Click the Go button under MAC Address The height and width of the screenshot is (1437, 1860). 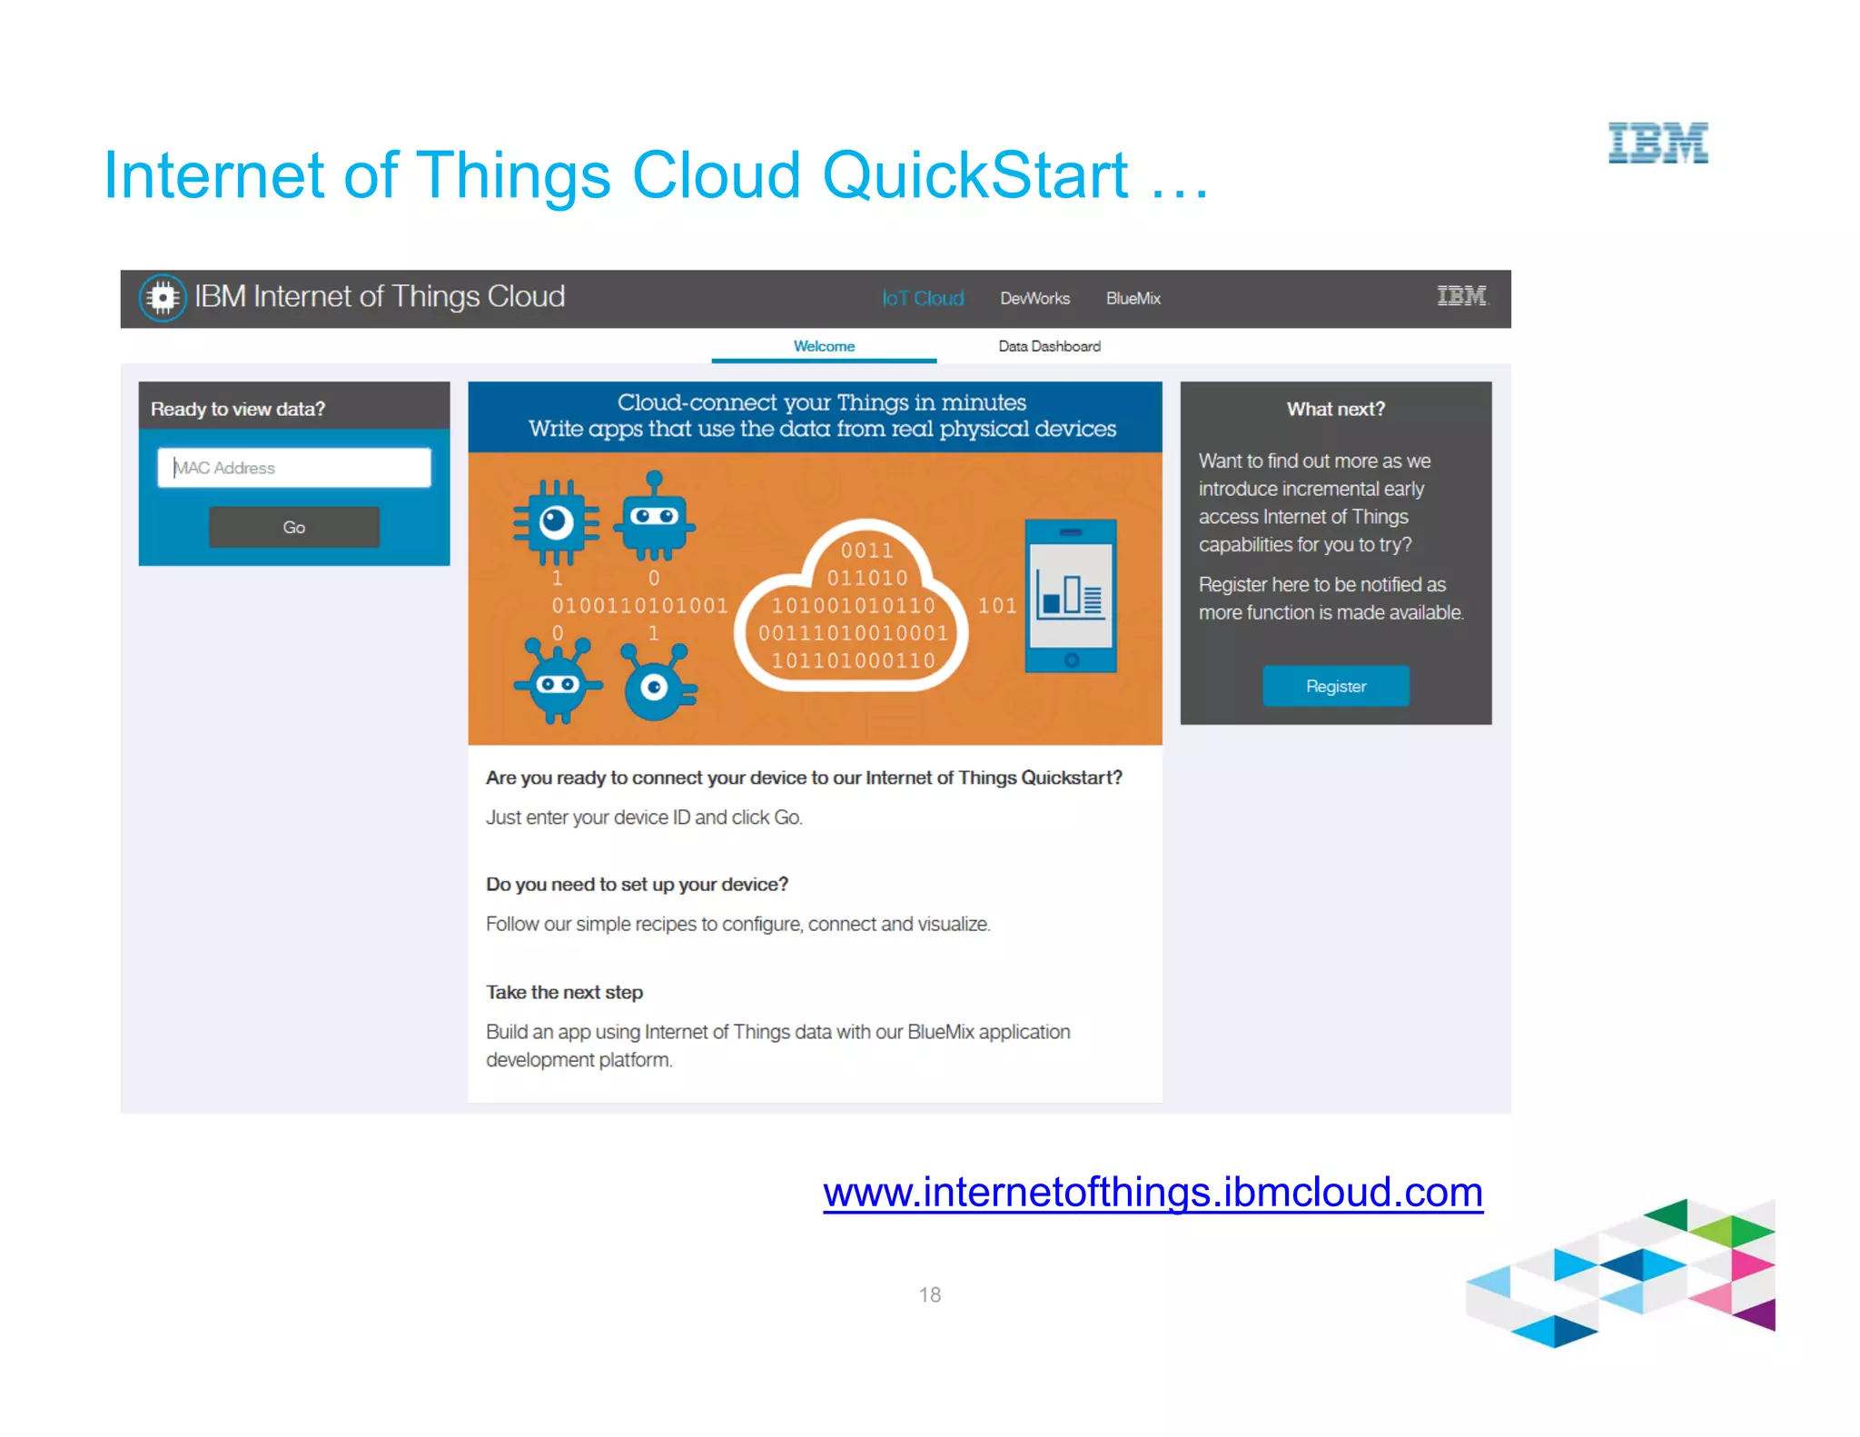click(293, 527)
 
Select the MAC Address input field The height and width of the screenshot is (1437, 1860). click(293, 468)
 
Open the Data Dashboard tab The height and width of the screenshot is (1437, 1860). click(1049, 346)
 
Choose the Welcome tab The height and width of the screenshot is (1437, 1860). click(824, 346)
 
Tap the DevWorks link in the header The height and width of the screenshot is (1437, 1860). click(1034, 298)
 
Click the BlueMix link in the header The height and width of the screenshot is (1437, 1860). click(1133, 298)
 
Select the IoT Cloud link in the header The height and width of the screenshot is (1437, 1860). click(923, 298)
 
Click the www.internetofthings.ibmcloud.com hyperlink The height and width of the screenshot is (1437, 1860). click(1153, 1192)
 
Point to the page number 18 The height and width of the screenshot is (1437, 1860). click(929, 1294)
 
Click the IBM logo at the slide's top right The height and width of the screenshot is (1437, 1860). click(1657, 144)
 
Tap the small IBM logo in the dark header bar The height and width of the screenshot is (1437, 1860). click(1461, 296)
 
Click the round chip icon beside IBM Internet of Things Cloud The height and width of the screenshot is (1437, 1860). click(163, 297)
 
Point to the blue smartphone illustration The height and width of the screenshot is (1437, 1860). click(1071, 595)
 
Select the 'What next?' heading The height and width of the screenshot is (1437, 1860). click(1335, 409)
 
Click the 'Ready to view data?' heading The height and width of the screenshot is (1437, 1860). click(238, 409)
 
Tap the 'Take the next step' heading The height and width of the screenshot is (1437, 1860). click(564, 992)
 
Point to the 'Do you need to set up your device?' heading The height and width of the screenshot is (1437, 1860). click(637, 884)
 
